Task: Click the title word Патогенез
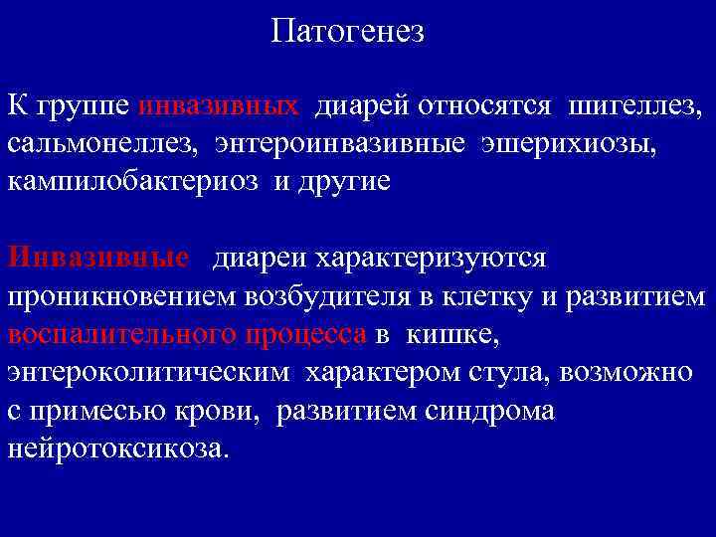[x=347, y=33]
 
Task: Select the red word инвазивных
[x=220, y=105]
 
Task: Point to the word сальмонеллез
[x=100, y=144]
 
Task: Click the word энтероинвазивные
[x=337, y=144]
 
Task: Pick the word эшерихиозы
[x=569, y=144]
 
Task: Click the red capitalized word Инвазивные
[x=97, y=259]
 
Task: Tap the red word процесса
[x=305, y=335]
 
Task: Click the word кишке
[x=451, y=335]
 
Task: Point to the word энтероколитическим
[x=150, y=373]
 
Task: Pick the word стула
[x=509, y=373]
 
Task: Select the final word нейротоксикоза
[x=118, y=448]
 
